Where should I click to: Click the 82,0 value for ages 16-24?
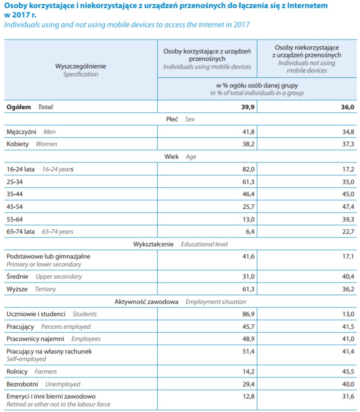click(x=248, y=169)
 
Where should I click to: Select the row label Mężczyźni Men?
click(x=32, y=131)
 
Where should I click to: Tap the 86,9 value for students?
click(x=248, y=314)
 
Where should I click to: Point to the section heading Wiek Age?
click(x=181, y=157)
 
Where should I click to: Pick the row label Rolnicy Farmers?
click(x=32, y=371)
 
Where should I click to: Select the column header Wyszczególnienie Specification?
click(x=81, y=70)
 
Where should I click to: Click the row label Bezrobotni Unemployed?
click(x=43, y=384)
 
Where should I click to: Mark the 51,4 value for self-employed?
click(x=248, y=352)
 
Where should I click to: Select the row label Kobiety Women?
click(x=32, y=144)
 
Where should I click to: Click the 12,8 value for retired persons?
click(x=248, y=397)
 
